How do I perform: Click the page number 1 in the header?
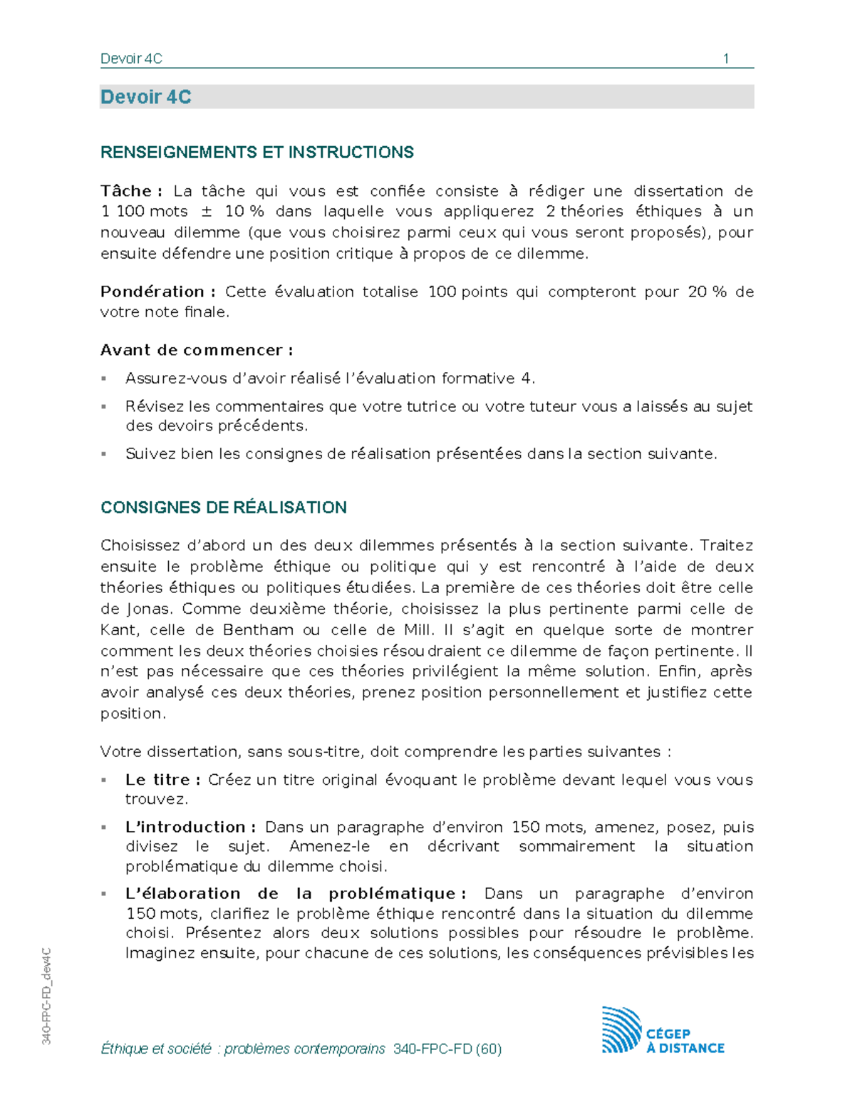pos(725,58)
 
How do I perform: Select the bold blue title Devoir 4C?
pos(146,97)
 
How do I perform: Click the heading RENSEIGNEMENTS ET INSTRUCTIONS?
pos(256,153)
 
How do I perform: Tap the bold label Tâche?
pos(130,191)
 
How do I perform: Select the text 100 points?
pos(467,292)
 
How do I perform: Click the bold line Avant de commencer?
pos(197,350)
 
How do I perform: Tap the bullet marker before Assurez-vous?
pos(104,379)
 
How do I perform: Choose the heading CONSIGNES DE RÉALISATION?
pos(223,508)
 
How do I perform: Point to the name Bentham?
pos(258,630)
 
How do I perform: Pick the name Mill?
pos(418,630)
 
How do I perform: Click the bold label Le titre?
pos(162,780)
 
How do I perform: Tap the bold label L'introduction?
pos(190,827)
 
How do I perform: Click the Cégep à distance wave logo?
pos(621,1030)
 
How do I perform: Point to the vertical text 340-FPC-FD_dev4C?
pos(46,997)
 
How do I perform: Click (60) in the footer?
pos(489,1049)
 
